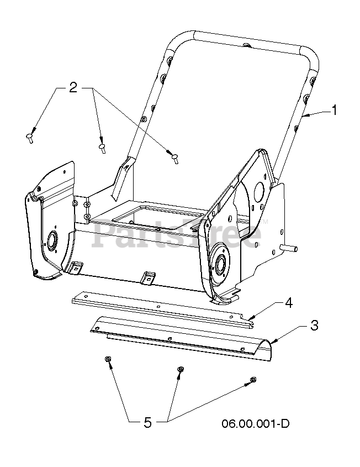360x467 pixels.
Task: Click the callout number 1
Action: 335,110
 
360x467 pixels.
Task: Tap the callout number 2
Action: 73,87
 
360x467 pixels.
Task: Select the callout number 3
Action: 314,325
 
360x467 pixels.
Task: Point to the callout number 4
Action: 289,303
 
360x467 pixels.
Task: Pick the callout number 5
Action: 147,422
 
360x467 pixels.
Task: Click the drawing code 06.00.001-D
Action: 255,423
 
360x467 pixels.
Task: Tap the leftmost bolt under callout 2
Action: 29,138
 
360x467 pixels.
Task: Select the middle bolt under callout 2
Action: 102,148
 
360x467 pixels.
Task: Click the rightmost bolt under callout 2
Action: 175,159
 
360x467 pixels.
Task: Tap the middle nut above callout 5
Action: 180,369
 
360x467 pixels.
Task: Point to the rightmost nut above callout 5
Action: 253,380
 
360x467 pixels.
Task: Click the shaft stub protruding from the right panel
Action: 289,247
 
